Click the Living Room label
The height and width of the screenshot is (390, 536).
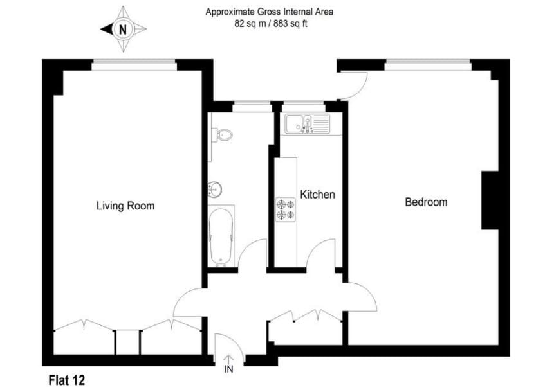(x=125, y=206)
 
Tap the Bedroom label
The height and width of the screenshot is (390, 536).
(x=425, y=202)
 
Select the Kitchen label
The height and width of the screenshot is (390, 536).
(x=318, y=194)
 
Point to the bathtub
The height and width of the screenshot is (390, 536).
(x=221, y=236)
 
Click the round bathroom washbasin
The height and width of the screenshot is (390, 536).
(x=216, y=189)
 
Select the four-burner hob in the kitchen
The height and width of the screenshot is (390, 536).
(x=286, y=209)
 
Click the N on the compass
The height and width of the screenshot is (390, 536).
(x=123, y=29)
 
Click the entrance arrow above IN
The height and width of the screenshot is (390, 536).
(x=228, y=360)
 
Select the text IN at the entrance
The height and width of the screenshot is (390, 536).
(x=228, y=370)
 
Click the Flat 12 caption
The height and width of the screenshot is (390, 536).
(x=67, y=380)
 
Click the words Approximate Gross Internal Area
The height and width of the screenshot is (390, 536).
(x=270, y=12)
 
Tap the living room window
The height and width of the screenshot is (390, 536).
(x=134, y=63)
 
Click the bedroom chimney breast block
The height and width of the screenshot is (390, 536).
(x=490, y=200)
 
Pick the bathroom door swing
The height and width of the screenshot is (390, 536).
(x=252, y=253)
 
